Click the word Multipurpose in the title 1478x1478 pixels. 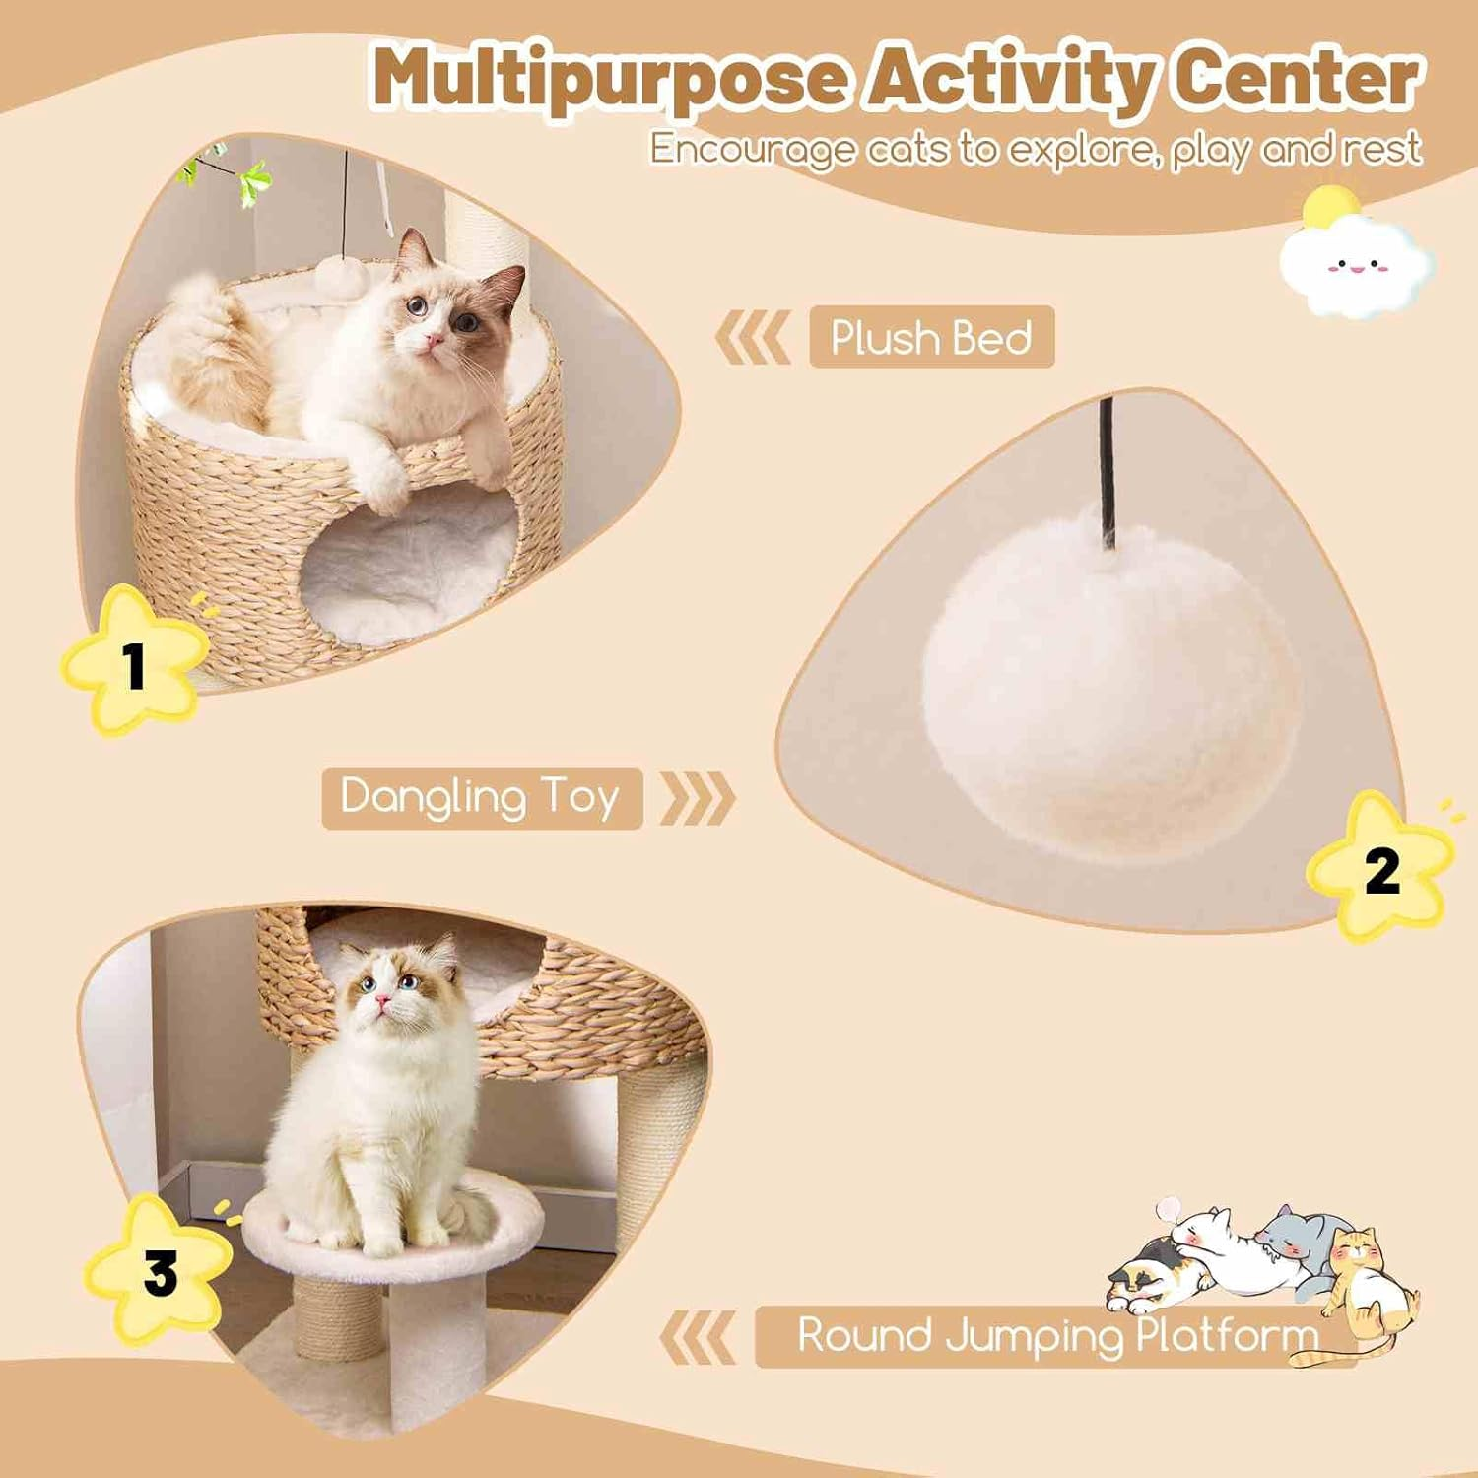click(x=609, y=79)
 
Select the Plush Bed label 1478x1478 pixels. click(x=931, y=337)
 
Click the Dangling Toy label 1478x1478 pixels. click(x=481, y=797)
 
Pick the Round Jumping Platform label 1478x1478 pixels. click(x=1055, y=1336)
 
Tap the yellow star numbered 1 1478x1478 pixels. click(x=134, y=661)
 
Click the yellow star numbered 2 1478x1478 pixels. click(x=1380, y=868)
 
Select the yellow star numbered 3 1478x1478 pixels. click(x=159, y=1271)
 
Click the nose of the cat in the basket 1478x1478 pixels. click(x=432, y=341)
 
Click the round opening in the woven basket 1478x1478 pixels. click(x=409, y=571)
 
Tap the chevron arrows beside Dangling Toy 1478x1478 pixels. click(x=698, y=797)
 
